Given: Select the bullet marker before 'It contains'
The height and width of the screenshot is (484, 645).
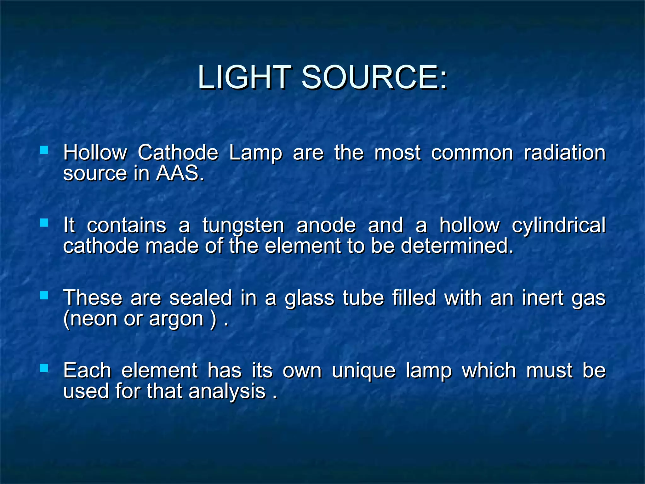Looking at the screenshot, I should [x=44, y=223].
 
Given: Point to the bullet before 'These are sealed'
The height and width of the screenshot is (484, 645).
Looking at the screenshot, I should [x=44, y=295].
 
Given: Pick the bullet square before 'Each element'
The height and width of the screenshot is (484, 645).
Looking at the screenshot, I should [x=44, y=368].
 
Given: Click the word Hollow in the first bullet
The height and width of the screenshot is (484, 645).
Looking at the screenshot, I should [x=95, y=153].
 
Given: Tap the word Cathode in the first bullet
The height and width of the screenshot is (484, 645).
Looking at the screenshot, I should [x=178, y=153].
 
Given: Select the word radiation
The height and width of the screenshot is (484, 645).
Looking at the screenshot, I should [x=565, y=153].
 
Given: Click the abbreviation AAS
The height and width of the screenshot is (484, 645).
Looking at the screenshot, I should [x=178, y=173].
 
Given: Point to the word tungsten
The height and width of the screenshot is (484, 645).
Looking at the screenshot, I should [x=243, y=225].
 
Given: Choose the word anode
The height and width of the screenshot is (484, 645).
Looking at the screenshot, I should [x=326, y=225].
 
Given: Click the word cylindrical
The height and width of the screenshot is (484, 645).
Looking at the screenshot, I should [x=558, y=225].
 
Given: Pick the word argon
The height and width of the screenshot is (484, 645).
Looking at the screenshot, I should [x=176, y=319].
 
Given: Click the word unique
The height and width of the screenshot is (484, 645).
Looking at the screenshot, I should [x=364, y=371].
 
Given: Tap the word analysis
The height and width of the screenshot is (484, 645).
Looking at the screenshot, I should [x=227, y=391].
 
